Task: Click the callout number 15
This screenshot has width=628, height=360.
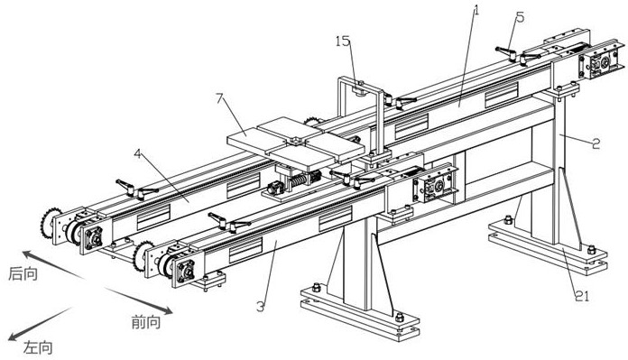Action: (x=343, y=41)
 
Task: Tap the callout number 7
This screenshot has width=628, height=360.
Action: (x=219, y=97)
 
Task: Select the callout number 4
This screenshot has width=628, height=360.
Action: (x=137, y=153)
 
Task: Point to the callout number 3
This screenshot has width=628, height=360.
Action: (x=261, y=307)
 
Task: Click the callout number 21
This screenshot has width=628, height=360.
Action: (x=582, y=296)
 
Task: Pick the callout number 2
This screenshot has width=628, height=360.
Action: (x=596, y=143)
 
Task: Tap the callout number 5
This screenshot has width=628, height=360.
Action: (x=520, y=17)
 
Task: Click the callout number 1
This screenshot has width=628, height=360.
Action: (x=476, y=9)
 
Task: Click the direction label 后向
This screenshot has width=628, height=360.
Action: (x=23, y=274)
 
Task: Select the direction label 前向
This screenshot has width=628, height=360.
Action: (x=146, y=321)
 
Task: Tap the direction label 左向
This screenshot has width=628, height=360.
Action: (x=38, y=347)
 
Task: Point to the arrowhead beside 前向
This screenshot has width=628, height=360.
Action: (x=167, y=310)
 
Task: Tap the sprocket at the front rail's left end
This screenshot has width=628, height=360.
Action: (x=143, y=256)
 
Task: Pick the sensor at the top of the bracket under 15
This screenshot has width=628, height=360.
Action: (x=359, y=90)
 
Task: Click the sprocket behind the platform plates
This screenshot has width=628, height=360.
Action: (x=312, y=121)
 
